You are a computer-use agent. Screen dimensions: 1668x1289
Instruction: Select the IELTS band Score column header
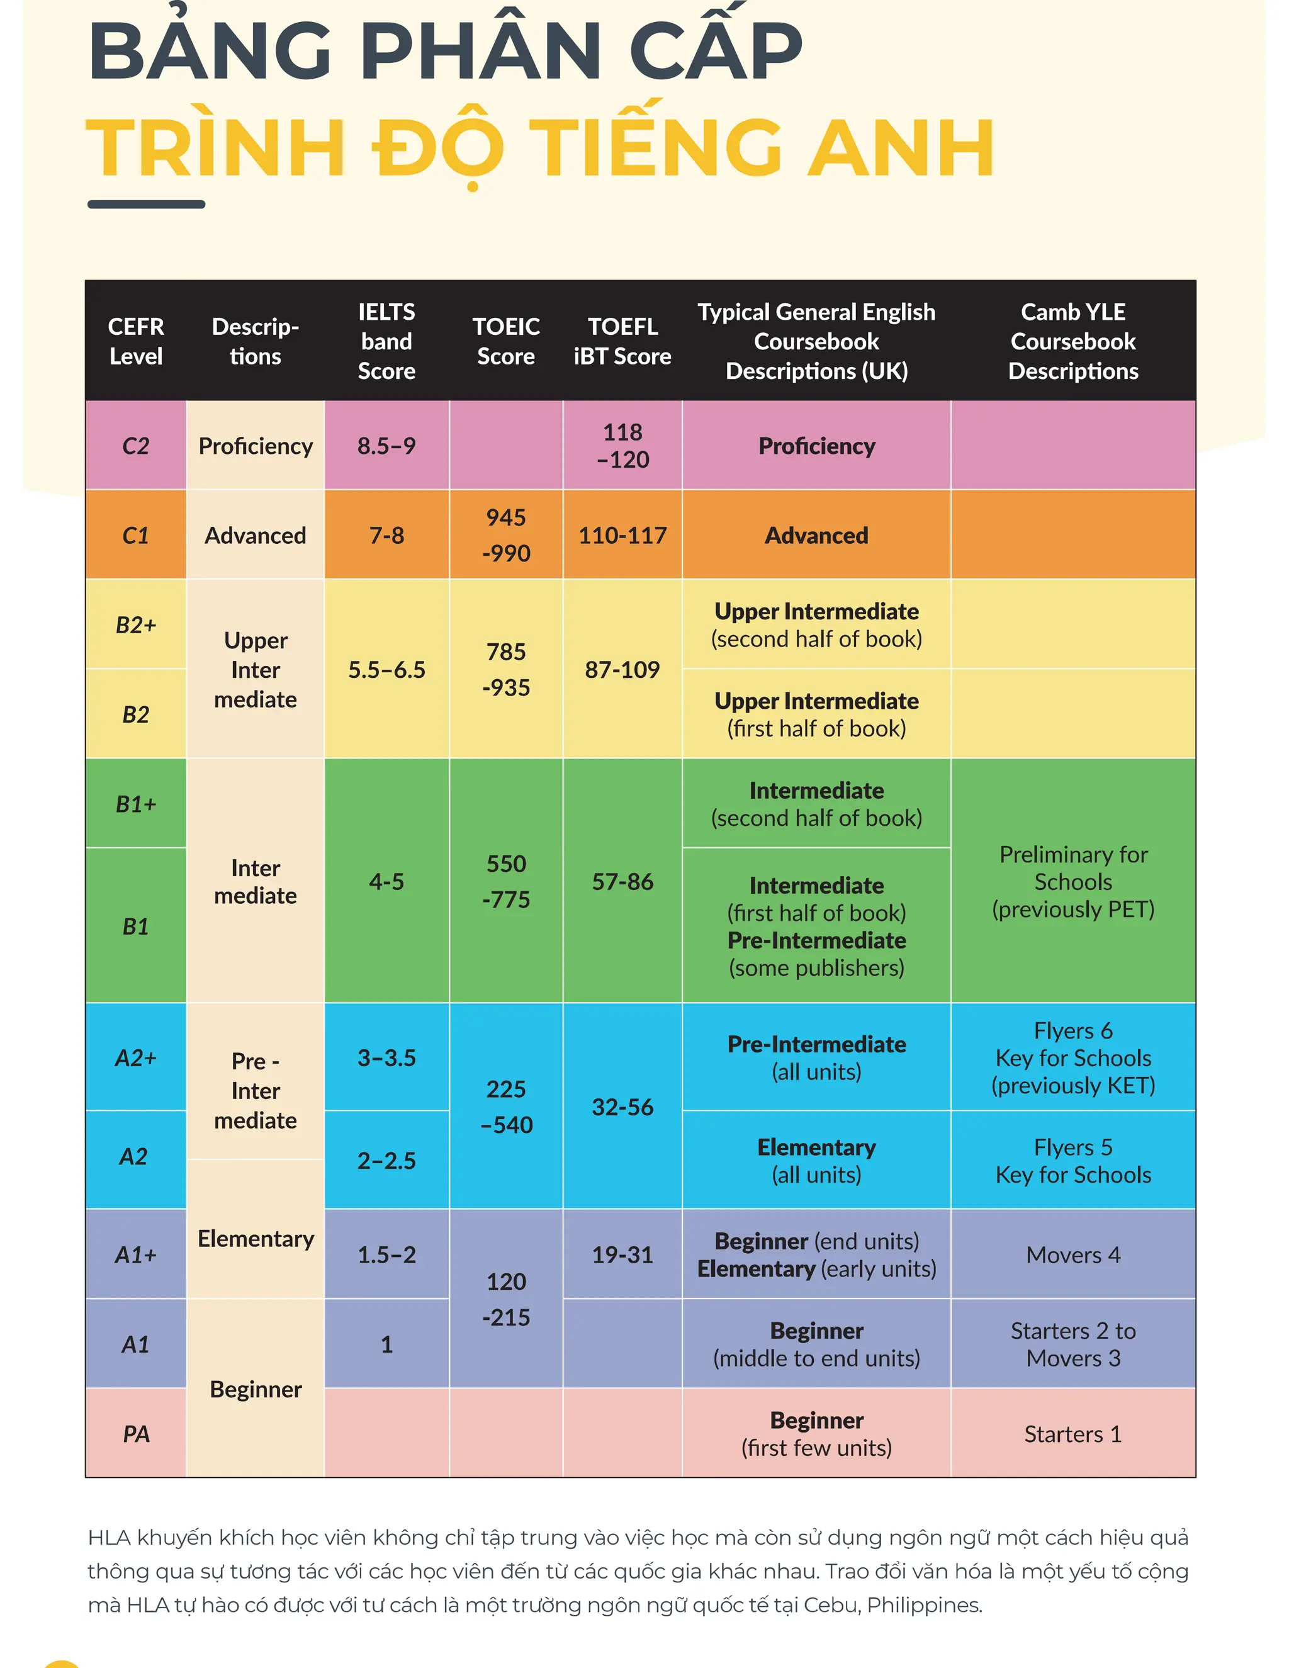(386, 341)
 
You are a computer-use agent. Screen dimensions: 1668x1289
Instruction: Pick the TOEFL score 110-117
(622, 536)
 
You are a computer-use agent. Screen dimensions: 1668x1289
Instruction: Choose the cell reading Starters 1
(1073, 1433)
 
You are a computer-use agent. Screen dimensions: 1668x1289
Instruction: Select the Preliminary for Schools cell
(1073, 881)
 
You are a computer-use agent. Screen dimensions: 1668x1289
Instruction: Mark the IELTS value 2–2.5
(386, 1160)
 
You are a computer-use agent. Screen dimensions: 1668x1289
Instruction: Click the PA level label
(136, 1433)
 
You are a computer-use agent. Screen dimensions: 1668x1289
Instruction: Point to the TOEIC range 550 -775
(505, 881)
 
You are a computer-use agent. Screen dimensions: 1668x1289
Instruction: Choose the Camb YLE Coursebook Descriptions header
(1073, 341)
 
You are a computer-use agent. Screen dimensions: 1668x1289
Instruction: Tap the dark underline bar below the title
(146, 204)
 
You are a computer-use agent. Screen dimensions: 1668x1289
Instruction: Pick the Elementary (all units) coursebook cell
(816, 1160)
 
